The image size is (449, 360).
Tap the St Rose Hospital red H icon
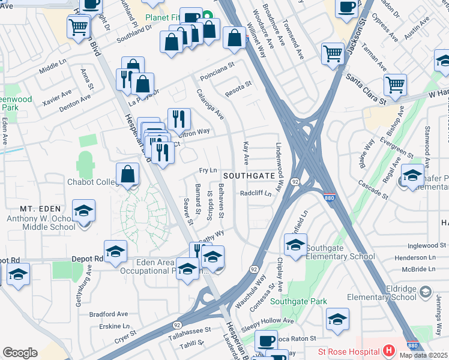click(x=389, y=350)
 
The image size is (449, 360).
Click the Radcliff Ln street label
click(x=256, y=194)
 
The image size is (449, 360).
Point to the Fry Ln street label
click(x=207, y=170)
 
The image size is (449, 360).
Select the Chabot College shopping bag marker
click(x=127, y=175)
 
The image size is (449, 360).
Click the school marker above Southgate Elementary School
click(x=295, y=245)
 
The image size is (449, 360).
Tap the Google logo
click(x=20, y=353)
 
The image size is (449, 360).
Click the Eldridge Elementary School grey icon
click(x=425, y=292)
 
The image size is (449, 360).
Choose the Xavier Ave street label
click(x=57, y=98)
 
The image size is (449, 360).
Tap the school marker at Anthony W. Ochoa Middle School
click(x=83, y=212)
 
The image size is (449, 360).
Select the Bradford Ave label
click(x=109, y=314)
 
